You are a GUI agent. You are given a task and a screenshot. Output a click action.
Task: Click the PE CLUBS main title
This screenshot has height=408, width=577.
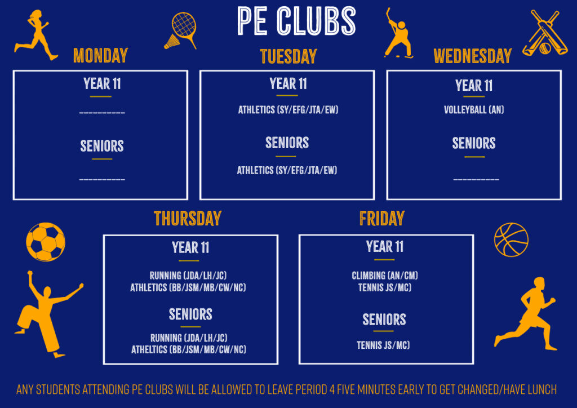pyautogui.click(x=296, y=21)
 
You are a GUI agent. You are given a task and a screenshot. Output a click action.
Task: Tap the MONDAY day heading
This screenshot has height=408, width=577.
pyautogui.click(x=101, y=56)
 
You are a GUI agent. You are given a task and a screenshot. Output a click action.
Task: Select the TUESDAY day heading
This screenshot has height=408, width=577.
pyautogui.click(x=288, y=57)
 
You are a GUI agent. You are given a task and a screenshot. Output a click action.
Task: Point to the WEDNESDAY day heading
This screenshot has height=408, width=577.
pyautogui.click(x=473, y=56)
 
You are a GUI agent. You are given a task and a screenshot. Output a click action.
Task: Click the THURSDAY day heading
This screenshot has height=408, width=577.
pyautogui.click(x=188, y=219)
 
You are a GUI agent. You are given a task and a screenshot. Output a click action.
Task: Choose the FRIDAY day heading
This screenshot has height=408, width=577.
pyautogui.click(x=382, y=219)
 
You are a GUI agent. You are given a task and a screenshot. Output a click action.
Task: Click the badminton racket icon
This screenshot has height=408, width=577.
pyautogui.click(x=181, y=30)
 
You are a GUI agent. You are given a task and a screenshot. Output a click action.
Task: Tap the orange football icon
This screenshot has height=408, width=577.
pyautogui.click(x=46, y=242)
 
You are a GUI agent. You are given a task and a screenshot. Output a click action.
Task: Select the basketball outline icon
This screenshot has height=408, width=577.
pyautogui.click(x=511, y=240)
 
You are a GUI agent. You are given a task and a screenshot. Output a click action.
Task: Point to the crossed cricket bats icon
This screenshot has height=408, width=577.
pyautogui.click(x=545, y=33)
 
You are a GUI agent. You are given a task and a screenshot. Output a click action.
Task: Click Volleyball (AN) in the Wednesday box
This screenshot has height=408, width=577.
pyautogui.click(x=474, y=110)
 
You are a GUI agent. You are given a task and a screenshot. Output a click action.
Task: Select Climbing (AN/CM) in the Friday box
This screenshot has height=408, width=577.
pyautogui.click(x=384, y=276)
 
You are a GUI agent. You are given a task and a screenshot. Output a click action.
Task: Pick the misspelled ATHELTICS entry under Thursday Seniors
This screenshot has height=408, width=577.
pyautogui.click(x=189, y=349)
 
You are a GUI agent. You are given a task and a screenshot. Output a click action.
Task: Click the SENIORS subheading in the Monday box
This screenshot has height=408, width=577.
pyautogui.click(x=102, y=146)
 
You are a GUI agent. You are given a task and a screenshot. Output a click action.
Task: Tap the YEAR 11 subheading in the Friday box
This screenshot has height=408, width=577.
pyautogui.click(x=385, y=246)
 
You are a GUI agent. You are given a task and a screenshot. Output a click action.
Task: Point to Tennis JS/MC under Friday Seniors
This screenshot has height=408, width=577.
pyautogui.click(x=383, y=345)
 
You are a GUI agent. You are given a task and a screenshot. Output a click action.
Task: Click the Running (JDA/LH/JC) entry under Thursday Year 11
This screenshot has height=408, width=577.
pyautogui.click(x=188, y=276)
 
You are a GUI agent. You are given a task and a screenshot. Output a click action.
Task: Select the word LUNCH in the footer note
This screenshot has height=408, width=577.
pyautogui.click(x=542, y=389)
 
